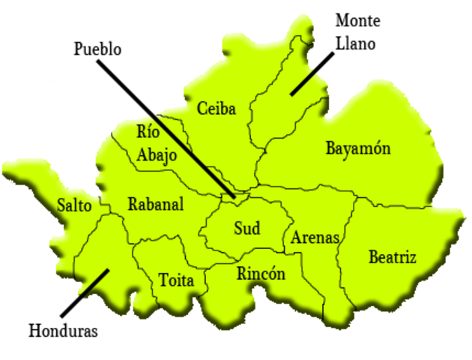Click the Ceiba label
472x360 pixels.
click(x=217, y=109)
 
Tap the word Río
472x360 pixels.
click(x=148, y=131)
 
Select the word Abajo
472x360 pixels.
click(x=157, y=156)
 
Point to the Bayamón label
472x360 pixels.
click(x=357, y=148)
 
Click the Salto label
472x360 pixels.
click(x=74, y=205)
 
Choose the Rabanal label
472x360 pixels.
click(x=156, y=204)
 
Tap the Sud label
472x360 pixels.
click(x=246, y=228)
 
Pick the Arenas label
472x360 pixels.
click(x=315, y=238)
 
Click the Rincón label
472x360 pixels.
click(x=261, y=274)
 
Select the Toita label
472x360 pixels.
click(x=182, y=281)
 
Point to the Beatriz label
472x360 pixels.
click(x=392, y=257)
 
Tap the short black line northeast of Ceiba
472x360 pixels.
click(x=303, y=83)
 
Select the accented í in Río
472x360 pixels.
click(x=150, y=131)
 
